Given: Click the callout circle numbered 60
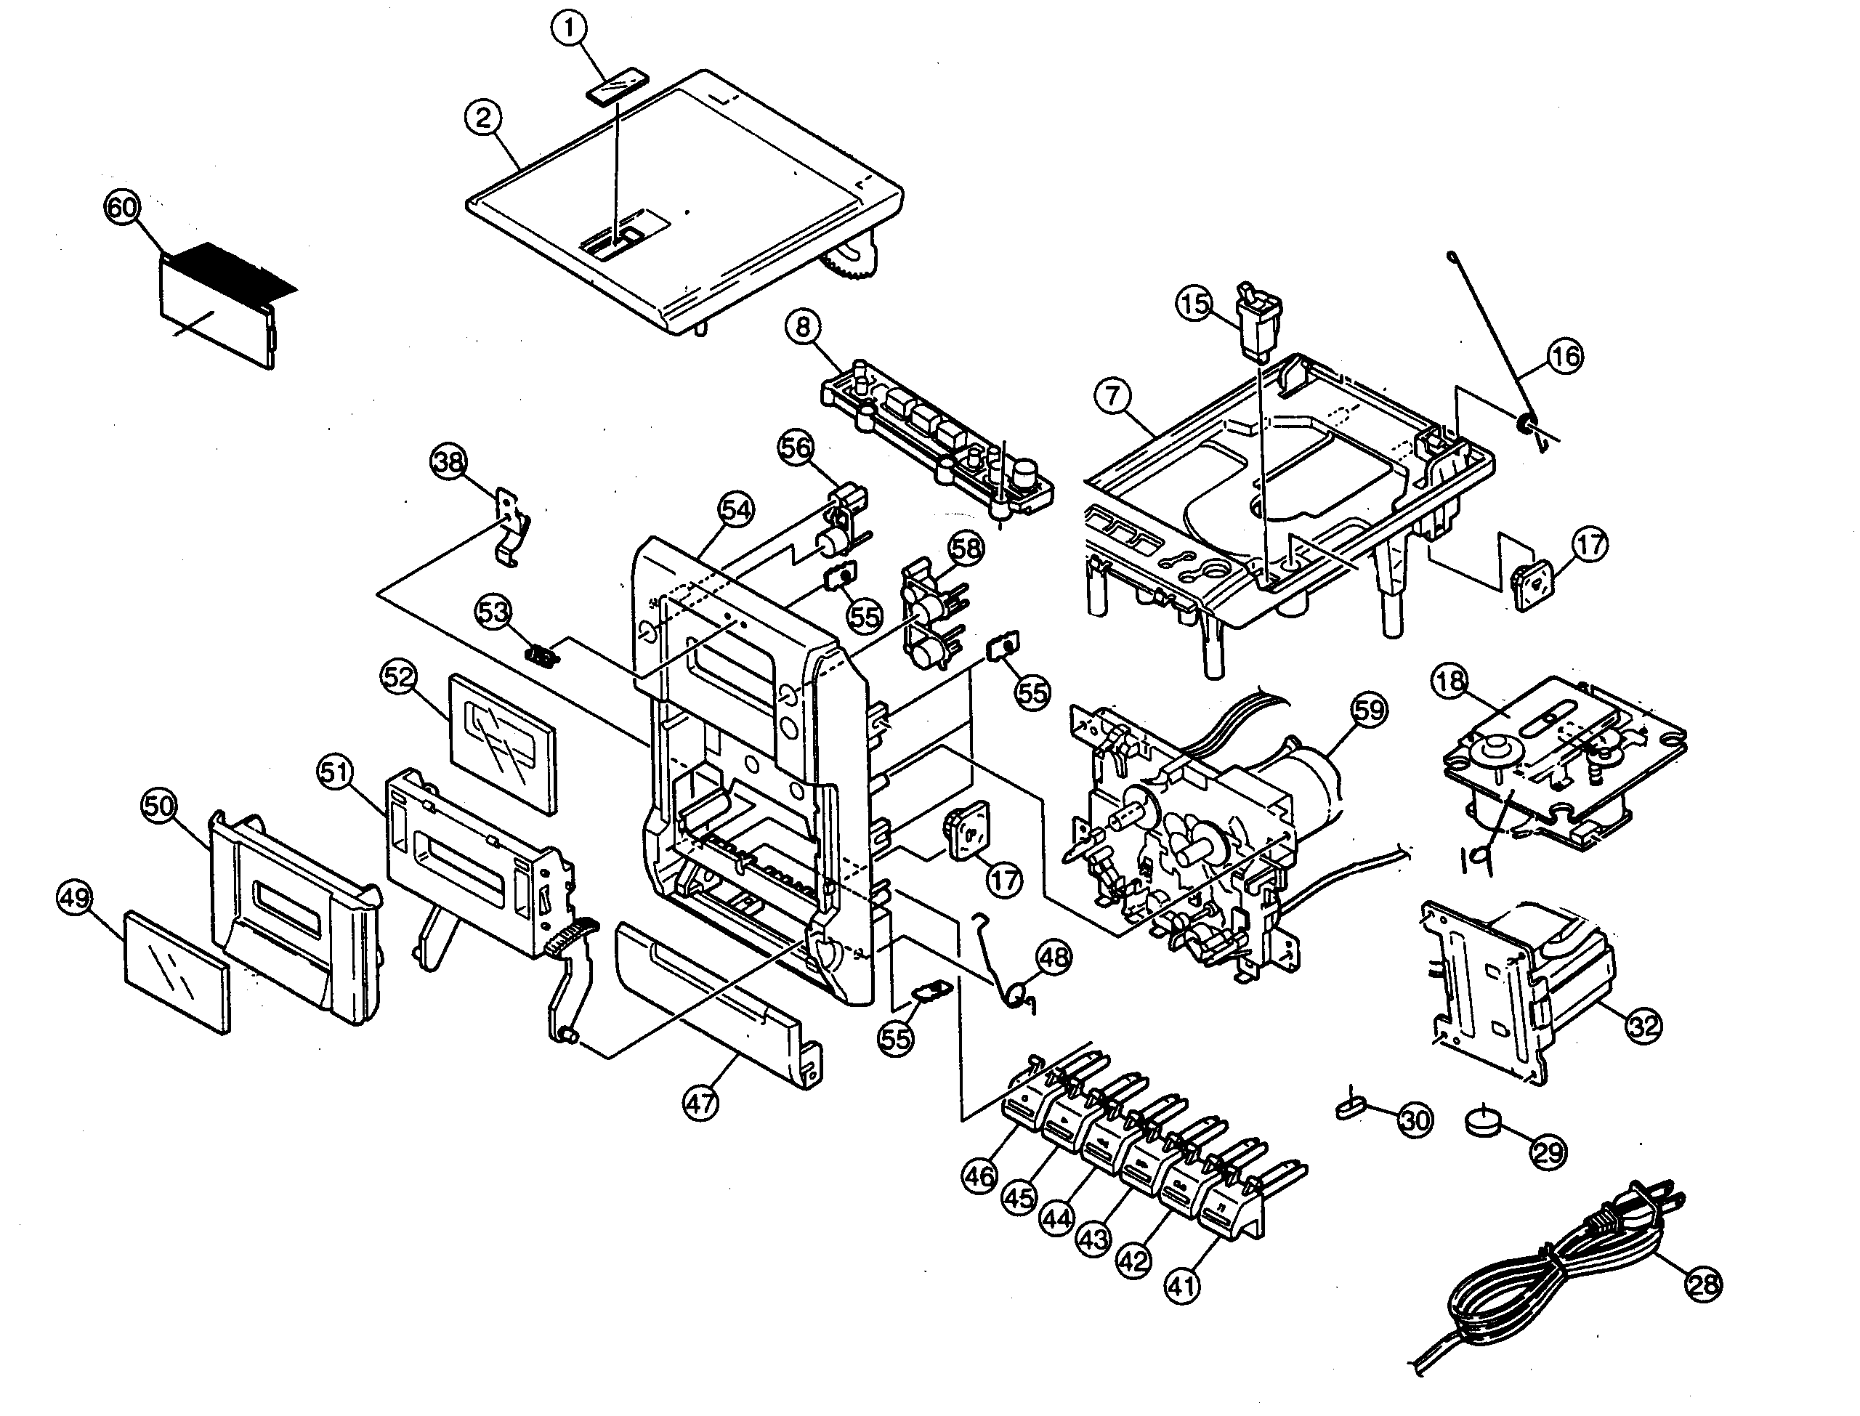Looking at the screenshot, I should (x=122, y=207).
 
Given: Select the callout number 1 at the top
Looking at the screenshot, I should (x=570, y=28).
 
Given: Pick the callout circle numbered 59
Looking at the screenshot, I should (x=1369, y=710).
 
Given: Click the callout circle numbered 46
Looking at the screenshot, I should (x=979, y=1175).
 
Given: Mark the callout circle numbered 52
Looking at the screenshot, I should (x=399, y=677).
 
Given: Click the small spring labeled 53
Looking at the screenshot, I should (x=543, y=655).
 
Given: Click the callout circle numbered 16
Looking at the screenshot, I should (x=1565, y=357).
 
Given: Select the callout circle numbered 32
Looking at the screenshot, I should (x=1643, y=1026).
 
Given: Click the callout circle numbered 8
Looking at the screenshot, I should (x=802, y=327).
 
